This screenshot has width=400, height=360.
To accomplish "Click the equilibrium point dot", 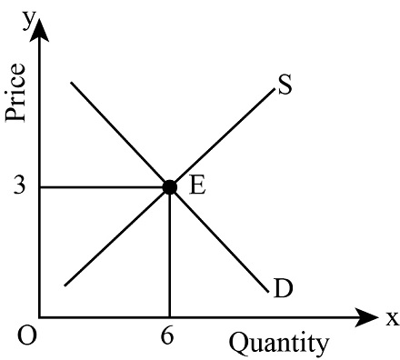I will pos(169,186).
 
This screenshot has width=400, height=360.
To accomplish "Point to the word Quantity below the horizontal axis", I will pos(277,343).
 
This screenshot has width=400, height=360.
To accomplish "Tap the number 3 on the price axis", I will pos(20,186).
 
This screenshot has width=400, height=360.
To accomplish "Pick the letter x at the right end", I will pos(392,318).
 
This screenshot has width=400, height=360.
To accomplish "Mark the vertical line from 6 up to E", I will pos(169,255).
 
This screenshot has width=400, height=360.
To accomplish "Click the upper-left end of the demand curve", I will pos(71,84).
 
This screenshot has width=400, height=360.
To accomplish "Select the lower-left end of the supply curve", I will pos(65,286).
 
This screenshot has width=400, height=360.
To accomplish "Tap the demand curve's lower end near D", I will pos(268,291).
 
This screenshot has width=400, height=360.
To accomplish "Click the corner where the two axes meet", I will pos(41,317).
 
